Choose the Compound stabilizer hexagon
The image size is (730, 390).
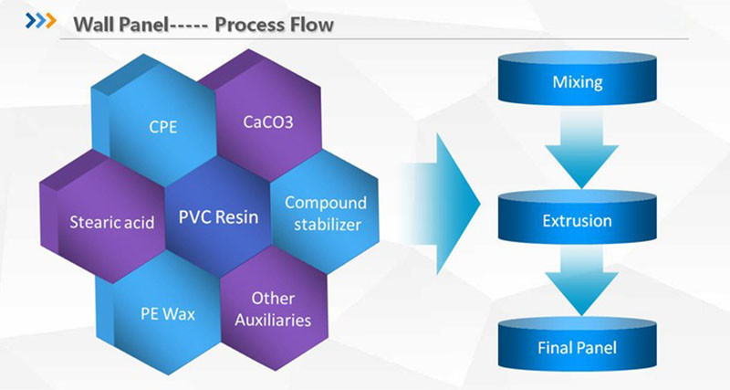[325, 214]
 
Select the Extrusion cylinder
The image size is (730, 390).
[577, 221]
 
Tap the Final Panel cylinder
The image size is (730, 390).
[577, 348]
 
